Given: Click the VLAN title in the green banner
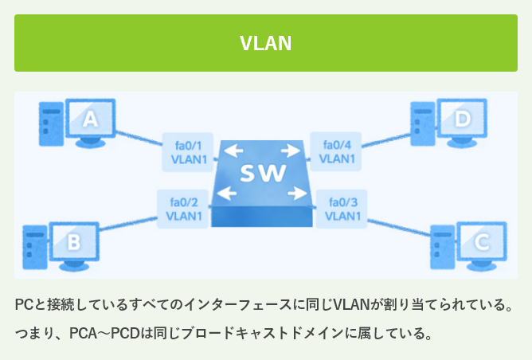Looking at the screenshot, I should coord(266,43).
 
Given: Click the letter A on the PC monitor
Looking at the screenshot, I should coord(91,120).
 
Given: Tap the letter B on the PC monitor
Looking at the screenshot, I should coord(72,241).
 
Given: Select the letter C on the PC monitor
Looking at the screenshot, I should coord(481,241).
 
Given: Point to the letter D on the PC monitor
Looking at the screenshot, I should coord(463,120).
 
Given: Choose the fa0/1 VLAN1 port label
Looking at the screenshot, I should coord(188,152).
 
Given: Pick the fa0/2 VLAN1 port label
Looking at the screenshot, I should coord(184,209).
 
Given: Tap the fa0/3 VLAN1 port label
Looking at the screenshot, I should coord(342,209).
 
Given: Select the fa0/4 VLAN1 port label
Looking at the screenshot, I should coord(338,152).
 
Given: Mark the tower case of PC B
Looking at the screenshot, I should coord(32,246).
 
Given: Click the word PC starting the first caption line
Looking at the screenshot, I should coord(24,306).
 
